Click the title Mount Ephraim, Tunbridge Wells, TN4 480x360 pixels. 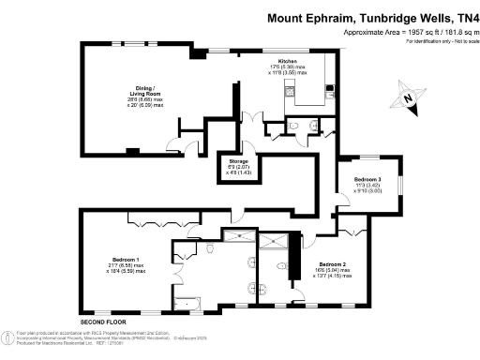click(372, 17)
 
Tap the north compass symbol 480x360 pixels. click(406, 97)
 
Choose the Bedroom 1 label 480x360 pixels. click(125, 259)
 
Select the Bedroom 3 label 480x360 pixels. click(367, 179)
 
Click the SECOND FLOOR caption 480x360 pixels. click(102, 322)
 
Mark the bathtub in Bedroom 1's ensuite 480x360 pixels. click(195, 302)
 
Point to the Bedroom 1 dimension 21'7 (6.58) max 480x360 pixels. click(125, 265)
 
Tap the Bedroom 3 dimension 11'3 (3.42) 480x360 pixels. click(367, 186)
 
